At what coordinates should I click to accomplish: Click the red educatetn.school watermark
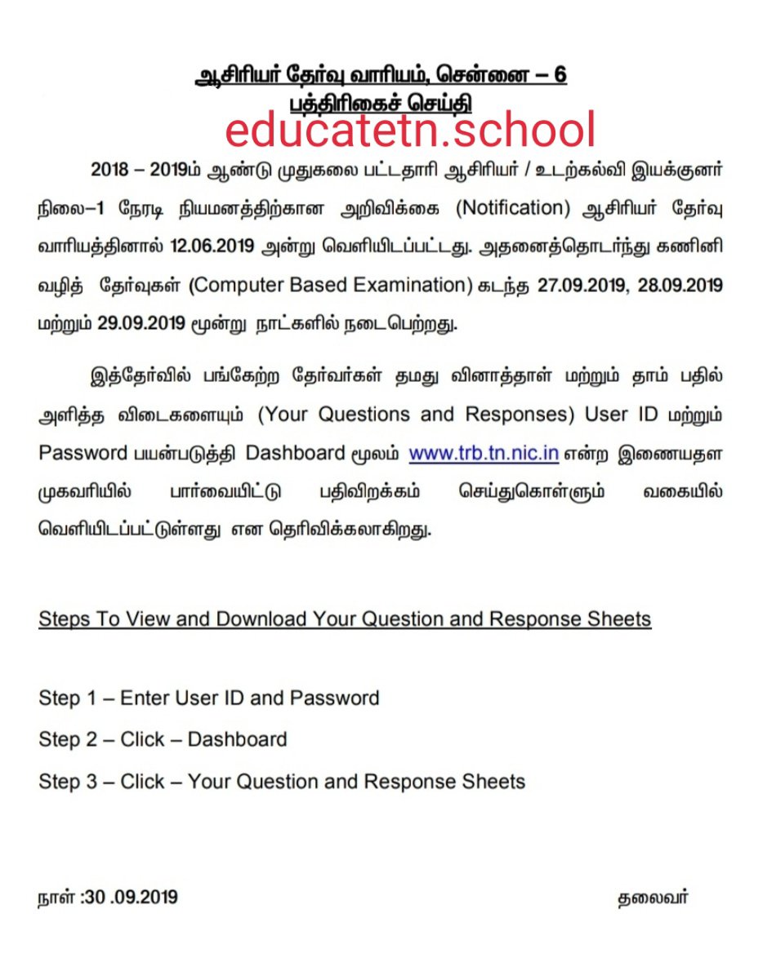[410, 130]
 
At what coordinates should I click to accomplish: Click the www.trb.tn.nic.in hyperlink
[484, 453]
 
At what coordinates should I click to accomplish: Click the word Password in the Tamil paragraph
[83, 453]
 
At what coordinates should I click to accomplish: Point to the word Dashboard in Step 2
[237, 740]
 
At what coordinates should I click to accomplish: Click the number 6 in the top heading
[559, 76]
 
